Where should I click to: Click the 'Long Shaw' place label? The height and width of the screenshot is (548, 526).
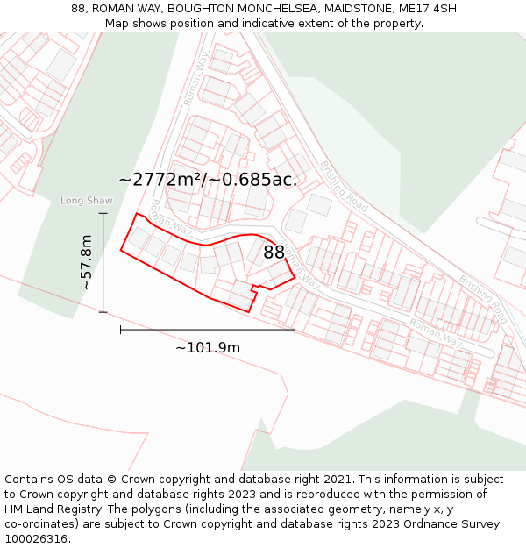86,201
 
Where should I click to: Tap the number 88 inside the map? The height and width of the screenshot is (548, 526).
274,253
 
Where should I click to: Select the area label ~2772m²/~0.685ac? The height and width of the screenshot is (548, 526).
209,180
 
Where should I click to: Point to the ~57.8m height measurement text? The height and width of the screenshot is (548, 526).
86,262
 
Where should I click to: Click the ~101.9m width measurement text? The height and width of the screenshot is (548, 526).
208,348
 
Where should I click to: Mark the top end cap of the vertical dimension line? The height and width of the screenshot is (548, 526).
103,213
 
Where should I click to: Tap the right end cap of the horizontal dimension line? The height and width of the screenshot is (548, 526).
295,330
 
